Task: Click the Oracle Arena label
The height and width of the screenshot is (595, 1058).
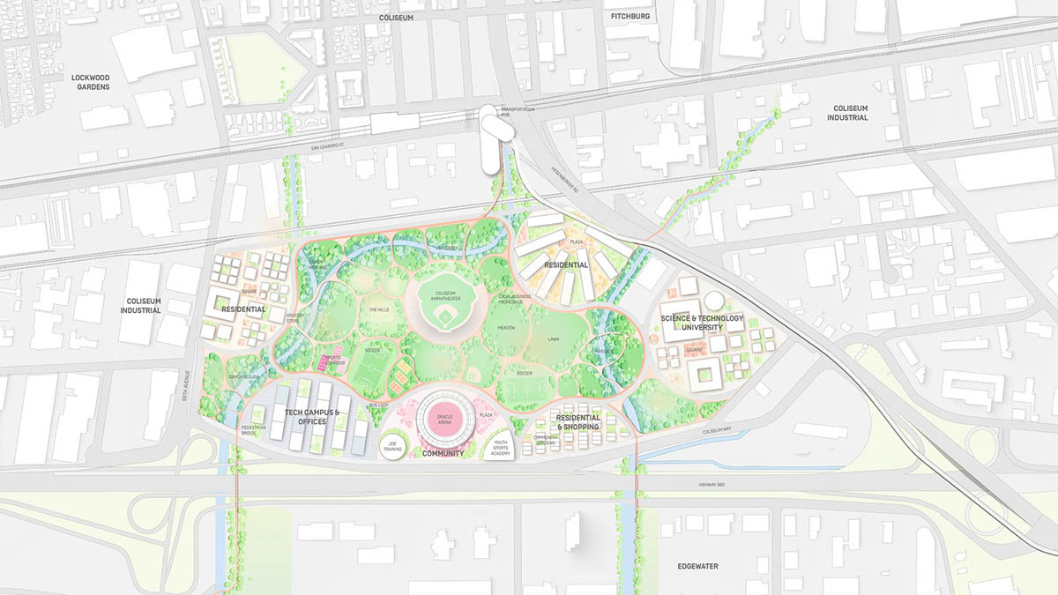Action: tap(444, 419)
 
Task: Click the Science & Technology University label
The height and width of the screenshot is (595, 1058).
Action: tap(702, 323)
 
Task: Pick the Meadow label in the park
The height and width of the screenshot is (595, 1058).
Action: tap(506, 327)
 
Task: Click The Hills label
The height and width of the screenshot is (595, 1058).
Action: tap(379, 309)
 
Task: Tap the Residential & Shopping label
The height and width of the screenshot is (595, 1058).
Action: tap(577, 422)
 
